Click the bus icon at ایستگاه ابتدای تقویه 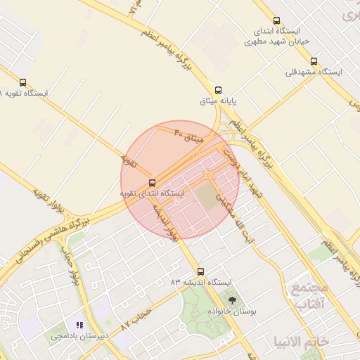(153, 183)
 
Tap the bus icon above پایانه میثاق (219, 90)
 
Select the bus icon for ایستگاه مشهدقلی (314, 61)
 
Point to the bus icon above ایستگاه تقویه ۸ (24, 82)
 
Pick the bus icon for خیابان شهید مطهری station (276, 21)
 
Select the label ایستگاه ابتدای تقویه (152, 193)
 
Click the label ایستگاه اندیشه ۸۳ (201, 282)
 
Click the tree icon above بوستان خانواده (233, 300)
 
